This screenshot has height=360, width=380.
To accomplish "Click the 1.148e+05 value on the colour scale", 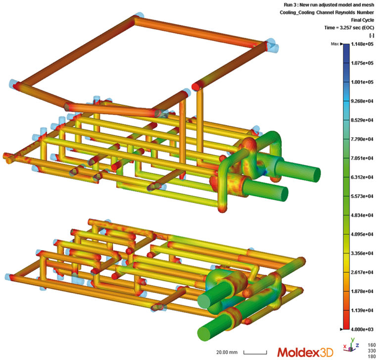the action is (362, 44).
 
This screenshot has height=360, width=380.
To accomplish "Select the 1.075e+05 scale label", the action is (362, 63).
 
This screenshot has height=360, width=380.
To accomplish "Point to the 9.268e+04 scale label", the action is (362, 101).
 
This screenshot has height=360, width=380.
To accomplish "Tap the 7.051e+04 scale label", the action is (362, 158).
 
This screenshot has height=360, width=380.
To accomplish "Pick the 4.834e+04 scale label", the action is (362, 215).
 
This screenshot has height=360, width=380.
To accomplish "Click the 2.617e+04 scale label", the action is (362, 272).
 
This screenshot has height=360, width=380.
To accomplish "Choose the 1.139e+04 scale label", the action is (362, 310).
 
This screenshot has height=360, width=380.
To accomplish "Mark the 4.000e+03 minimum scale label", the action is (362, 329).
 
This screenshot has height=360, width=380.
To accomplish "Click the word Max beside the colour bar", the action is (334, 44).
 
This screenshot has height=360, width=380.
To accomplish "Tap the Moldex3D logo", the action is (305, 352).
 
